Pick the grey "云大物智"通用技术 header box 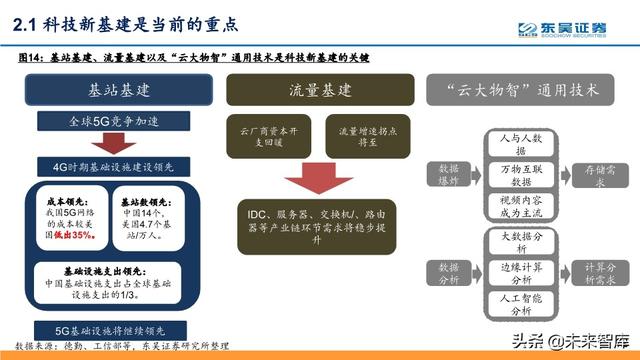[526, 90]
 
